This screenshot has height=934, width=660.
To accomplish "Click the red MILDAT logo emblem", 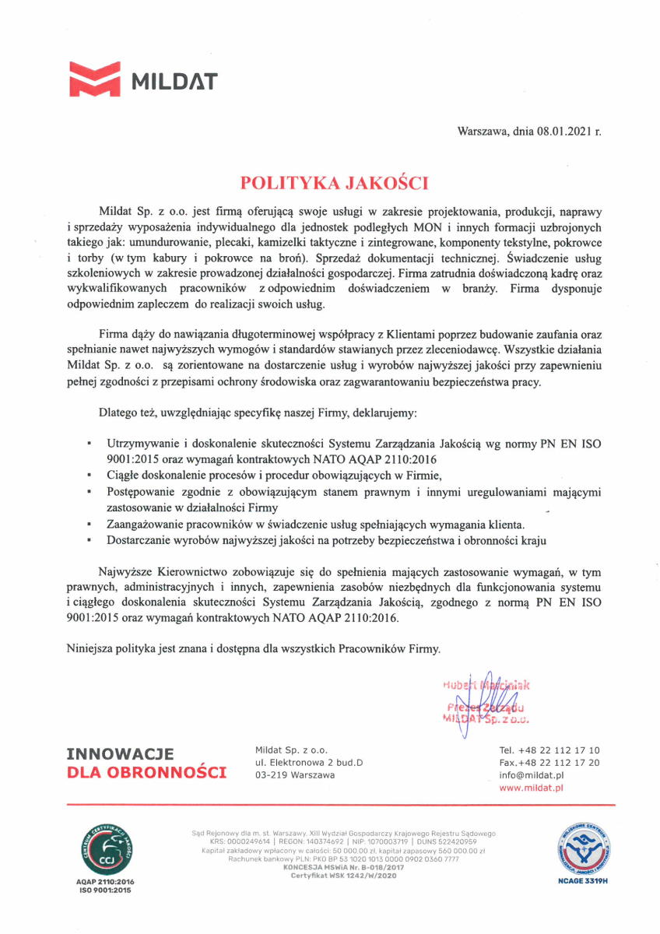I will [x=95, y=80].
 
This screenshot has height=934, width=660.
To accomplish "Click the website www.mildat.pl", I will [x=531, y=788].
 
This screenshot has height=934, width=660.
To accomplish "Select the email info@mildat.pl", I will [x=532, y=776].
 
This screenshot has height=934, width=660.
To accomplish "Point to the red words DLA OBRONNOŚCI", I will [x=147, y=772].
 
